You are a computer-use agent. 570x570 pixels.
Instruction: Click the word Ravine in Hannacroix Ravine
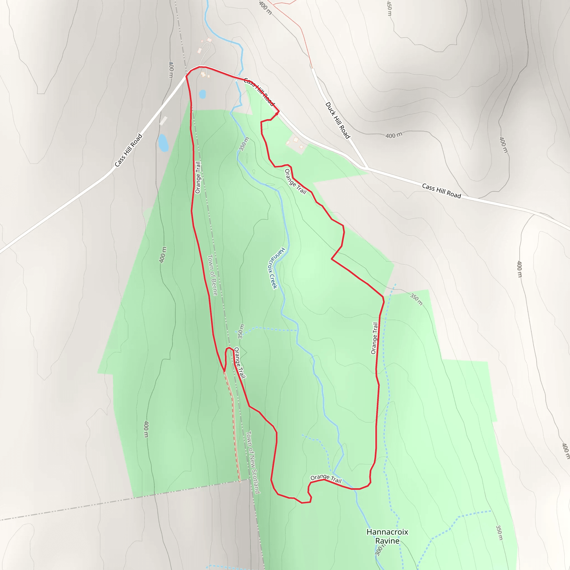point(387,541)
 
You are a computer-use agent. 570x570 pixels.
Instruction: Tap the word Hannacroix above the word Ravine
point(387,532)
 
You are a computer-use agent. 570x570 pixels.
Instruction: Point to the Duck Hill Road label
point(338,120)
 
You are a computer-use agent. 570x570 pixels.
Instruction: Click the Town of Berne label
point(212,275)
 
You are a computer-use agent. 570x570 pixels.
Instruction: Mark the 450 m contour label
point(389,8)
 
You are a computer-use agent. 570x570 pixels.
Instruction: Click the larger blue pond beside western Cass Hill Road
point(163,143)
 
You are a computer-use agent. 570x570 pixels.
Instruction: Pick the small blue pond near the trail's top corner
point(202,94)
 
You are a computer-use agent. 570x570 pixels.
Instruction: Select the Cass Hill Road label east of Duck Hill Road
point(441,191)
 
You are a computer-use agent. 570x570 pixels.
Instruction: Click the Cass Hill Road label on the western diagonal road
point(128,151)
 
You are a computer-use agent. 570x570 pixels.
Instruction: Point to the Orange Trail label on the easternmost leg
point(374,338)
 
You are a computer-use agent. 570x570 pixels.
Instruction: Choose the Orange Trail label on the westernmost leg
point(198,177)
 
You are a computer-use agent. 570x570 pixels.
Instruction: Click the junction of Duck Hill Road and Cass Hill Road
point(367,168)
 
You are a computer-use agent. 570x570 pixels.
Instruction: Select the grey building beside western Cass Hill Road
point(163,121)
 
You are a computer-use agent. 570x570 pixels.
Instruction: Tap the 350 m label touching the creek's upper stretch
point(244,144)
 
